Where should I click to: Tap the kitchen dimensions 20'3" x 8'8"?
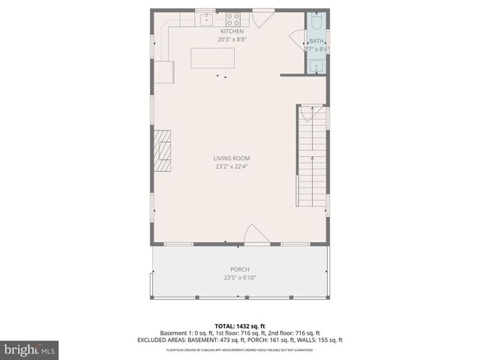tap(232, 39)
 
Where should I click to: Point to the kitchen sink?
tap(205, 19)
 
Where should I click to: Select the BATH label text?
tap(316, 40)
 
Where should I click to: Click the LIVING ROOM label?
tap(231, 158)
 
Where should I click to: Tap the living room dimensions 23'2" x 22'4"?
tap(231, 166)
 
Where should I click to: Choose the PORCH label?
tap(239, 269)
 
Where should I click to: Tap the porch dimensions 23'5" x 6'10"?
tap(239, 277)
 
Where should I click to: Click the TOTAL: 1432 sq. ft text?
tap(239, 326)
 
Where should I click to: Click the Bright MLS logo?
tap(29, 349)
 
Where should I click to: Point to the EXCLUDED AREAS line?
tap(239, 340)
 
